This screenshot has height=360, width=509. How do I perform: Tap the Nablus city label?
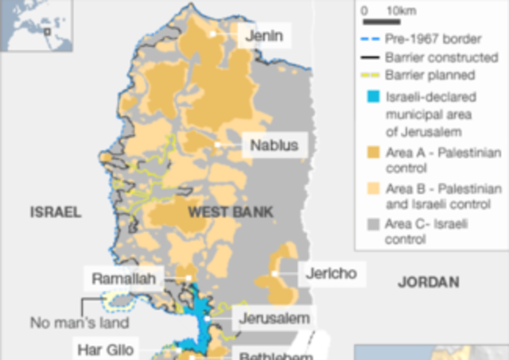tap(274, 145)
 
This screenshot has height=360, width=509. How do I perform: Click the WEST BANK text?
tap(231, 212)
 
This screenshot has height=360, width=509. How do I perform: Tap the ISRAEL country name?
tap(56, 212)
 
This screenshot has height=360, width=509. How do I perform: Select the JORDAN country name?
tap(429, 282)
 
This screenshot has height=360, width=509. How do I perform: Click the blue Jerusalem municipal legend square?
tap(371, 99)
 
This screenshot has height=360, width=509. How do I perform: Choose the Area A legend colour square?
tap(371, 152)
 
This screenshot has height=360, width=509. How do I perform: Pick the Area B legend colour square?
tap(371, 188)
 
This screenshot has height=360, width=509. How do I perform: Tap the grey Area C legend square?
tap(371, 225)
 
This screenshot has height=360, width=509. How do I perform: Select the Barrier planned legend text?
tap(429, 75)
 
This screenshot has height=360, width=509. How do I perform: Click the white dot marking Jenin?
tap(212, 35)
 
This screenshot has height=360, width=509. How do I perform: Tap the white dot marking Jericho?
tap(274, 273)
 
